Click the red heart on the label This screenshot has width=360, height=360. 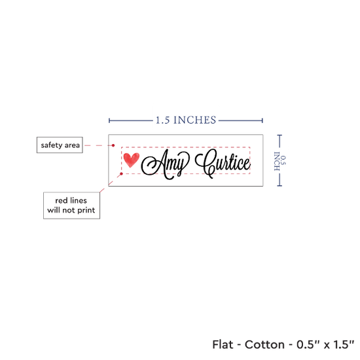click(x=132, y=160)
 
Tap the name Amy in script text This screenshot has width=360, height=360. click(x=165, y=164)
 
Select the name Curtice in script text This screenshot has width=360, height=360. click(x=223, y=163)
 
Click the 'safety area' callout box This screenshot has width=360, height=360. click(x=60, y=145)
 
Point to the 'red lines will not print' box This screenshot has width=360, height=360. click(x=71, y=206)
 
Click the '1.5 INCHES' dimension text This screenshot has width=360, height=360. click(x=186, y=120)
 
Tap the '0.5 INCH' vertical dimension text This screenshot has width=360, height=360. click(x=280, y=161)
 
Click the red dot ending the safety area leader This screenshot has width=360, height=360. click(x=113, y=145)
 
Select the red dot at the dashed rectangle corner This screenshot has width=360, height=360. click(x=122, y=174)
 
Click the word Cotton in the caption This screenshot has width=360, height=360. click(x=264, y=344)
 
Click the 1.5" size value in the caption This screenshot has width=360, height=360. click(x=344, y=344)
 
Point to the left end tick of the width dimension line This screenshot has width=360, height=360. click(x=109, y=120)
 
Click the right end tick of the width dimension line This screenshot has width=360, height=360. click(x=262, y=120)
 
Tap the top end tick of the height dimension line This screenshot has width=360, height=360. click(x=279, y=135)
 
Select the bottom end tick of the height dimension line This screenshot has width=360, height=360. click(x=279, y=185)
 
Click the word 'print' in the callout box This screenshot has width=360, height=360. click(x=86, y=210)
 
